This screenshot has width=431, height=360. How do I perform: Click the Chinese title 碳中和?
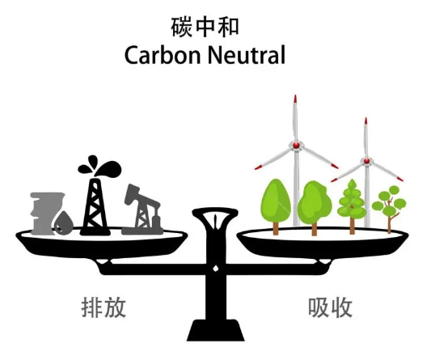(205, 27)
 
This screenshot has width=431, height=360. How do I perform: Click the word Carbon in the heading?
(163, 55)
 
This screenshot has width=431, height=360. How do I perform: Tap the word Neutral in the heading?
(247, 55)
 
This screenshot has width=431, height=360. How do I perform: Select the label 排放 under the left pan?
(104, 307)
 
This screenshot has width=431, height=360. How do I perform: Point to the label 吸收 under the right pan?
(330, 307)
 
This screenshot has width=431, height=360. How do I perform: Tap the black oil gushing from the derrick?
(99, 166)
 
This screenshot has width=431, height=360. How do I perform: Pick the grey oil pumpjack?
(142, 210)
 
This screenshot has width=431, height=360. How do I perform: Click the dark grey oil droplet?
(64, 223)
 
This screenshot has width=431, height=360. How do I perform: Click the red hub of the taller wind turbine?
(296, 145)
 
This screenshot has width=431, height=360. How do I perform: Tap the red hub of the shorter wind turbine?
(366, 161)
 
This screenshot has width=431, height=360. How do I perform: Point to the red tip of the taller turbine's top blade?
(295, 99)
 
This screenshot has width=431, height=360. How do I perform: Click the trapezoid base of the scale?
(216, 331)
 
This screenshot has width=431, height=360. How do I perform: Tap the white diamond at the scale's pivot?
(216, 268)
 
